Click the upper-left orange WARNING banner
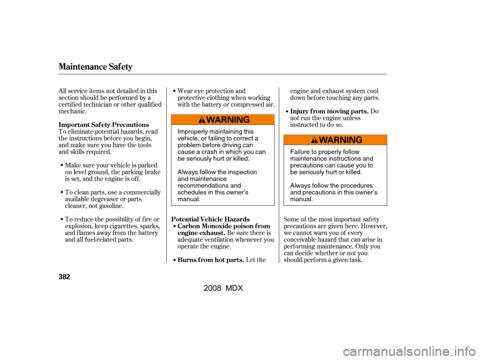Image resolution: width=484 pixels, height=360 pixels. pyautogui.click(x=223, y=119)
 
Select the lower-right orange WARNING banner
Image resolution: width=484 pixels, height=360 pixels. pyautogui.click(x=335, y=140)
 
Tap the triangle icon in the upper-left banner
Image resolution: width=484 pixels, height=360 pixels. pyautogui.click(x=202, y=120)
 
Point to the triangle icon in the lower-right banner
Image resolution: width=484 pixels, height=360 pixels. pyautogui.click(x=314, y=140)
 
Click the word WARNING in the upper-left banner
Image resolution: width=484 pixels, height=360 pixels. pyautogui.click(x=228, y=119)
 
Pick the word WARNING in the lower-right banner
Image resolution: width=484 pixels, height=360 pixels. pyautogui.click(x=340, y=140)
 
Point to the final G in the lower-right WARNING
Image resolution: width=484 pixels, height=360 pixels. pyautogui.click(x=358, y=140)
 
